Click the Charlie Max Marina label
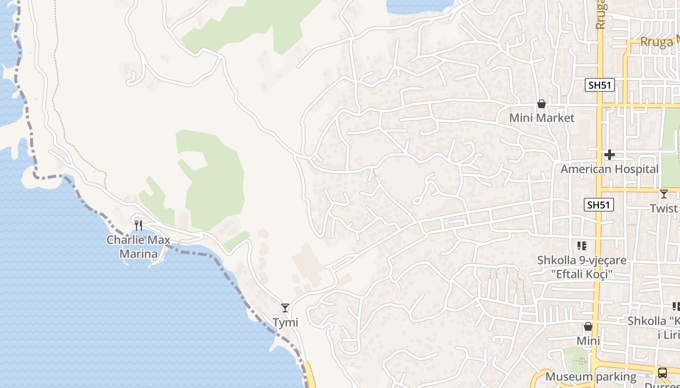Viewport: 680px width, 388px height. click(x=138, y=247)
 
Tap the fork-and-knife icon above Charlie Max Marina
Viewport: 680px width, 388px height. click(x=138, y=225)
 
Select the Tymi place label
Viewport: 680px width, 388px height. click(x=285, y=323)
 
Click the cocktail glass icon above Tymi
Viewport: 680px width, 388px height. click(x=285, y=307)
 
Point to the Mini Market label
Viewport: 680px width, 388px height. click(x=542, y=118)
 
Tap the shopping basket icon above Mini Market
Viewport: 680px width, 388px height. click(x=542, y=104)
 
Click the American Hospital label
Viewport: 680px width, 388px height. click(x=610, y=169)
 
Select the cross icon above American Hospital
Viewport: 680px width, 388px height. click(x=610, y=155)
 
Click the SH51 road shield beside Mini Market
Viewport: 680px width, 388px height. click(x=599, y=85)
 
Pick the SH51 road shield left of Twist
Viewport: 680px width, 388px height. click(x=598, y=205)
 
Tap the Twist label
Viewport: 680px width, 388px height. click(x=664, y=208)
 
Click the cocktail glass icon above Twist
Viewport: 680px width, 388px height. click(x=664, y=194)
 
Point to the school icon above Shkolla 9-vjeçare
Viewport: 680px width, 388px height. click(x=582, y=246)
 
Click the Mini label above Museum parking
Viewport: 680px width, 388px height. click(x=588, y=341)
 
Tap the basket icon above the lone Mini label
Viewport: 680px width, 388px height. click(x=588, y=326)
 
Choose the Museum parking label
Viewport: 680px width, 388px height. click(x=591, y=377)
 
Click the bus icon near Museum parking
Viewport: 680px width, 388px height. click(x=662, y=373)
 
